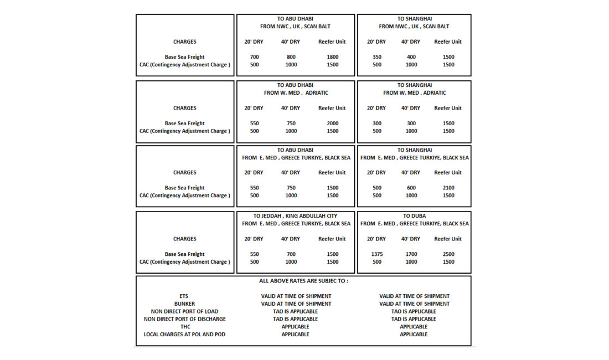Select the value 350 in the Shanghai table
[377, 57]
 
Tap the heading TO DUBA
[414, 216]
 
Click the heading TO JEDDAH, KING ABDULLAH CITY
[295, 216]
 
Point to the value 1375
[377, 254]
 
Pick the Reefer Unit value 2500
[448, 254]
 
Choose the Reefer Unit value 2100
[448, 188]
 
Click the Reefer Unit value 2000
[332, 124]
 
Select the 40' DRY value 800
[291, 57]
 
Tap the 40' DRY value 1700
[411, 254]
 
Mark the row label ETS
[184, 296]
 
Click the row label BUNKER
[184, 304]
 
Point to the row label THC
[184, 327]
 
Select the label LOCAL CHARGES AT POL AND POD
[184, 335]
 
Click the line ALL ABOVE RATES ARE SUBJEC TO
[303, 281]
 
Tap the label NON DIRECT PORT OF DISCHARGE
[184, 319]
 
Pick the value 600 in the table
[411, 188]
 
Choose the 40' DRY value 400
[411, 57]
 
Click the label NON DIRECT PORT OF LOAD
[184, 311]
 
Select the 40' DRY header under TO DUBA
[411, 239]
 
